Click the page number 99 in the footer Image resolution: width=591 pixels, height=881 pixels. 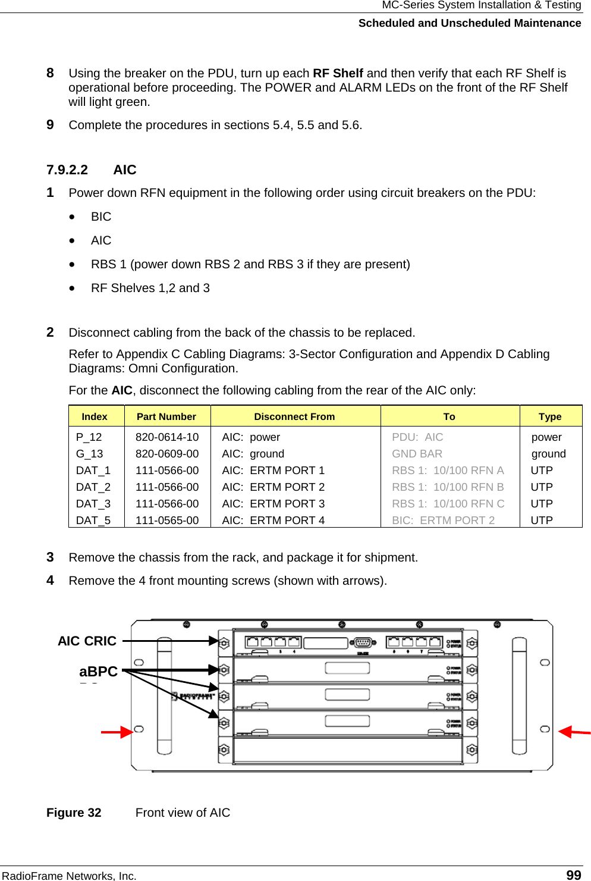click(x=573, y=874)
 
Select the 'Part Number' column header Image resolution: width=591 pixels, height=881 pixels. click(x=166, y=416)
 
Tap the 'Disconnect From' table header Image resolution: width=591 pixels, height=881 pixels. click(x=294, y=416)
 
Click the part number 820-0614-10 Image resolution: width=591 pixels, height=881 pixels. click(x=167, y=437)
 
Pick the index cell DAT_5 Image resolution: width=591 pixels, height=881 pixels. click(x=93, y=521)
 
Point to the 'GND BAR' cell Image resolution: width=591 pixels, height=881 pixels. click(x=417, y=454)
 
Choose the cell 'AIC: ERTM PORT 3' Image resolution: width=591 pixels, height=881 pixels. click(x=274, y=504)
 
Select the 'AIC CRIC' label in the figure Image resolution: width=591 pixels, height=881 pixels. click(x=87, y=641)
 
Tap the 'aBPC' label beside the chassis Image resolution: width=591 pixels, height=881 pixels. click(x=98, y=672)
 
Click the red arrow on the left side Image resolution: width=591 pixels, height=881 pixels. click(x=117, y=732)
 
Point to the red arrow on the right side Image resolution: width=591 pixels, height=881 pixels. click(x=574, y=732)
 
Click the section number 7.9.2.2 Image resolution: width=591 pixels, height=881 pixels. click(x=67, y=170)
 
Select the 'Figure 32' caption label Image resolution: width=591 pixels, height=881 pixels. click(x=74, y=813)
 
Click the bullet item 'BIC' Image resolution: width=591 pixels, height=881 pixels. click(x=101, y=217)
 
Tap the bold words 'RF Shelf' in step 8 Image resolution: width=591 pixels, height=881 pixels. click(x=338, y=73)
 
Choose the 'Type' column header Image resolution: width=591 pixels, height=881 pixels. click(x=550, y=416)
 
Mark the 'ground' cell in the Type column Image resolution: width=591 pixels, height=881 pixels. click(x=548, y=454)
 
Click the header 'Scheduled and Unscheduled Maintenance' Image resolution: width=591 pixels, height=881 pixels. click(x=470, y=23)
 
